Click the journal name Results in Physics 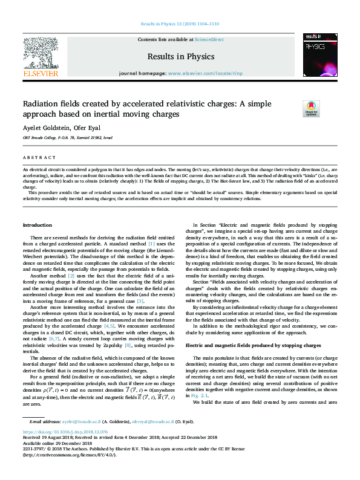pyautogui.click(x=181, y=57)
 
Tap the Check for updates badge pyautogui.click(x=311, y=109)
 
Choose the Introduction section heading pyautogui.click(x=37, y=225)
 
